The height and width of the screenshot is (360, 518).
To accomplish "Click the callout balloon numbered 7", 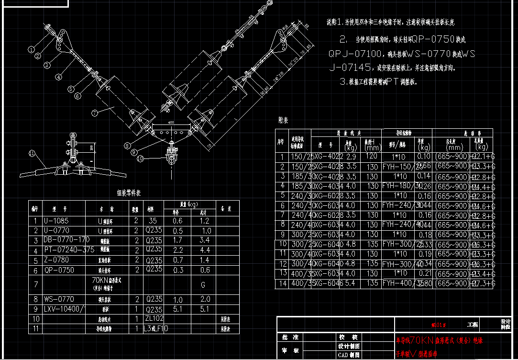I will click(x=94, y=113).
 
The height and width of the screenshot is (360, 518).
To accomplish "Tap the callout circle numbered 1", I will click(x=31, y=49).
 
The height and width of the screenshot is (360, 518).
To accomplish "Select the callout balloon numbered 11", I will click(x=32, y=154).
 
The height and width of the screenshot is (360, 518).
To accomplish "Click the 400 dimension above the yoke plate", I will click(x=171, y=123).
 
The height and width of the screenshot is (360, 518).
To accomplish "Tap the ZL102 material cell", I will click(x=154, y=318).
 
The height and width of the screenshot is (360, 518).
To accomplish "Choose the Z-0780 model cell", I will click(x=56, y=260).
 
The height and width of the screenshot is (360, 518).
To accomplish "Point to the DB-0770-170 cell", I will click(x=66, y=240).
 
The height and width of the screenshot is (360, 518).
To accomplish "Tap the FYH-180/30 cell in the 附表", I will click(x=402, y=186).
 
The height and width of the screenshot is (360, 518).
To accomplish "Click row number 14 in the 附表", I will click(x=282, y=283).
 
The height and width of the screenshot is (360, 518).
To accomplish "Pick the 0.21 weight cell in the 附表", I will click(x=423, y=273).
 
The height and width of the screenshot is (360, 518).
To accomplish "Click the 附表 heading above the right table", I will click(x=283, y=120).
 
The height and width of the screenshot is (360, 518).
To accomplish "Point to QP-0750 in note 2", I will click(x=432, y=39).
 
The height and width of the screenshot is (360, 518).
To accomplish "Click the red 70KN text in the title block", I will click(x=423, y=341).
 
